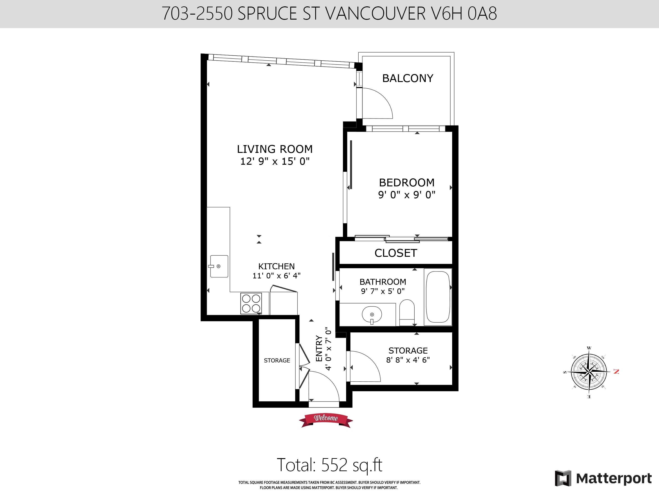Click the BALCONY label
point(407,78)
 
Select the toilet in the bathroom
point(407,312)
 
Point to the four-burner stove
point(251,303)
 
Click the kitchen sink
point(219,266)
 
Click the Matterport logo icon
point(563,478)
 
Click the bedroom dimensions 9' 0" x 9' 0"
point(407,195)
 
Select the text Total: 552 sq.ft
point(329,465)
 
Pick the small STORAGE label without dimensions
point(277,360)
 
